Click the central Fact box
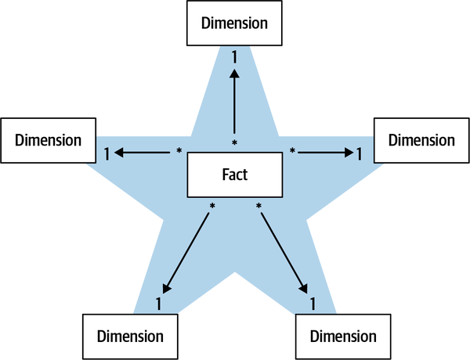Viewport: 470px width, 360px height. (x=234, y=175)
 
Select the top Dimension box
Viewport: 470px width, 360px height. (x=234, y=23)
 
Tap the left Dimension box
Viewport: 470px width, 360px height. (x=49, y=141)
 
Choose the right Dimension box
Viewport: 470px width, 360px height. (x=421, y=141)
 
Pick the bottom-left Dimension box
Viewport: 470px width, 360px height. (x=130, y=336)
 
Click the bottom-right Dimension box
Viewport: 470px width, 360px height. (x=342, y=336)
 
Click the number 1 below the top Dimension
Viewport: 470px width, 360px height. (x=234, y=56)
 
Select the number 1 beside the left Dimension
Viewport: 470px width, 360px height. (x=107, y=153)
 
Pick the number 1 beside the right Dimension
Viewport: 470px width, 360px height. (x=360, y=153)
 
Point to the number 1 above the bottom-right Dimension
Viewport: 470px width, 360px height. (x=313, y=303)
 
